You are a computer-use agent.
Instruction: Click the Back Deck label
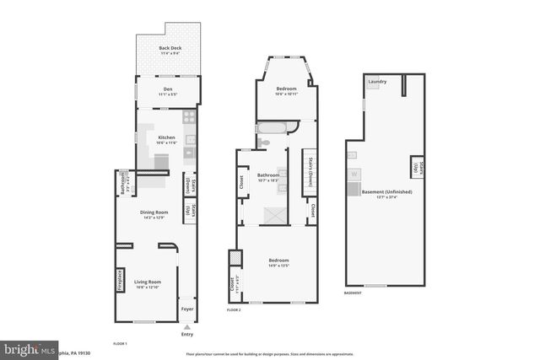click(x=170, y=49)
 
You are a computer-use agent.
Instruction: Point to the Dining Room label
click(x=154, y=214)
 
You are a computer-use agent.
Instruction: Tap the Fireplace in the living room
click(x=121, y=278)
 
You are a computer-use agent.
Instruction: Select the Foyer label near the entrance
click(x=187, y=309)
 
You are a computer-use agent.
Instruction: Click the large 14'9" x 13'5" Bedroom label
click(x=278, y=261)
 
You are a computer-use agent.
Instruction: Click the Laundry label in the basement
click(x=377, y=82)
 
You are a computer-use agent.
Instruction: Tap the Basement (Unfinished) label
click(x=386, y=193)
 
